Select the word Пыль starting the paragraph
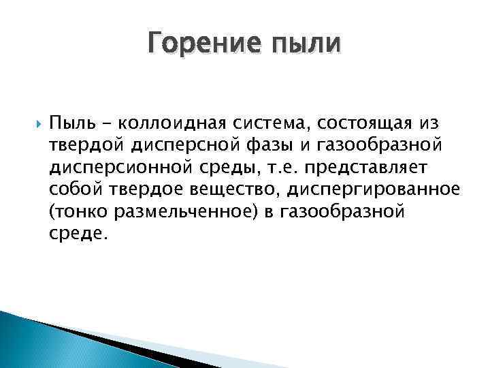click(69, 123)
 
